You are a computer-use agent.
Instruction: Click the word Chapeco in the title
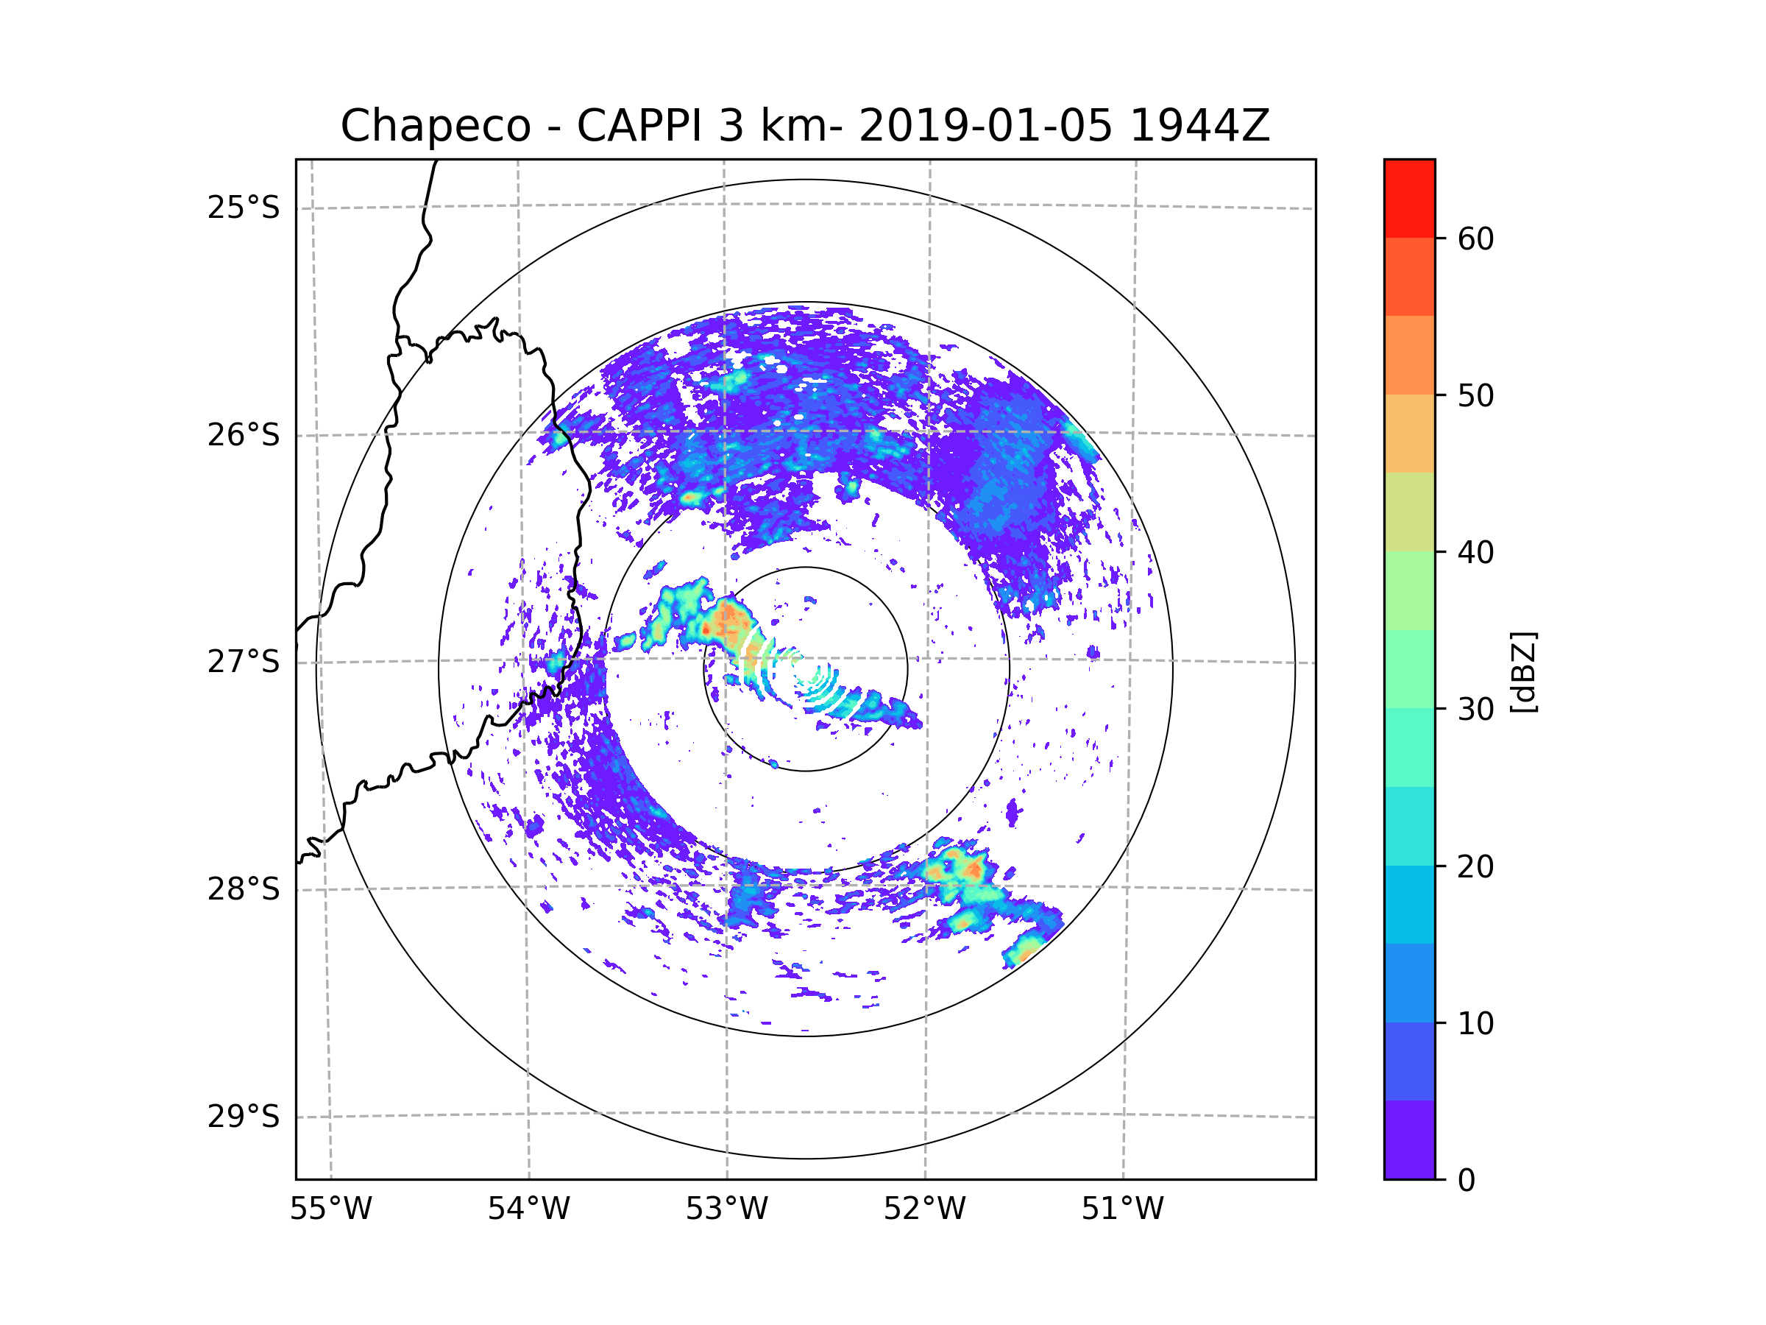click(436, 126)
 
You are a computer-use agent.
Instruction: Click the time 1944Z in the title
click(1200, 125)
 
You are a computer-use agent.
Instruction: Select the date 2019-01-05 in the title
click(986, 125)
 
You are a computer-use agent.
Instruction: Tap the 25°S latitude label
click(244, 208)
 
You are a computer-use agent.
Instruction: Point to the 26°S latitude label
click(244, 435)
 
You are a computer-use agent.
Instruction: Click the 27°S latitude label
click(244, 662)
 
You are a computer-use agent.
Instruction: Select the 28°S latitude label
click(244, 889)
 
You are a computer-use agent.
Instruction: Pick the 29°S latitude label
click(244, 1117)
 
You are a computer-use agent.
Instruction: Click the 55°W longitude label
click(330, 1209)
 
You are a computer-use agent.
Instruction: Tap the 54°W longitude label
click(529, 1209)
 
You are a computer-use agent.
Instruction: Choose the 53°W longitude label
click(727, 1209)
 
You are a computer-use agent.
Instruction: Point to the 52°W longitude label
click(926, 1209)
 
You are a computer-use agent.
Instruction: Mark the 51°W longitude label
click(1124, 1209)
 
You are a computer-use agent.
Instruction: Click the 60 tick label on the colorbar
click(1475, 239)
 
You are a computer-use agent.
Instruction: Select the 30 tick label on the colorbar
click(1475, 709)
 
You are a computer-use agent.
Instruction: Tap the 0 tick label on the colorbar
click(1467, 1181)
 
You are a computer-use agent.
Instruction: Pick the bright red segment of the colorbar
click(1410, 198)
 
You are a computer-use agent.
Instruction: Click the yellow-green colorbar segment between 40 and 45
click(1410, 512)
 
